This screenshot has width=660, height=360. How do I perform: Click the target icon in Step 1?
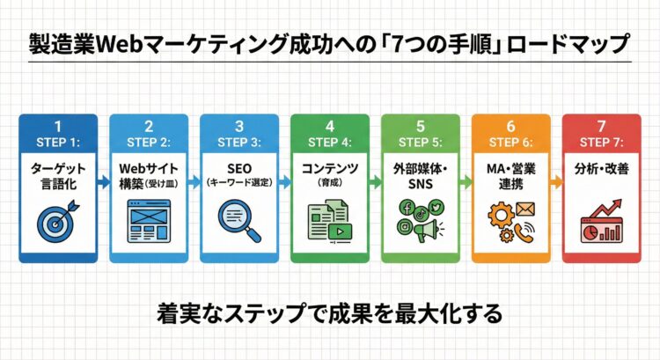point(57,220)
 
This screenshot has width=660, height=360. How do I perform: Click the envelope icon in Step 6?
point(525,209)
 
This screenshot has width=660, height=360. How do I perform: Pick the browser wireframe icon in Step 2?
point(147,220)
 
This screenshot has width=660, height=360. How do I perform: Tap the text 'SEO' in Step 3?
point(238,166)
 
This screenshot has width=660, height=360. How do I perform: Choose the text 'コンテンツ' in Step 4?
point(328,166)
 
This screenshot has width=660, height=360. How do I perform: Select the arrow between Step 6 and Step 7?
point(556,182)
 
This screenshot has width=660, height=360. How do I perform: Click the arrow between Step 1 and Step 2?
point(104,182)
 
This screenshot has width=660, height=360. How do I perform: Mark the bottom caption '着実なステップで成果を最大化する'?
point(329,313)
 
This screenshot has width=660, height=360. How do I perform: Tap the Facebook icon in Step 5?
point(407,208)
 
